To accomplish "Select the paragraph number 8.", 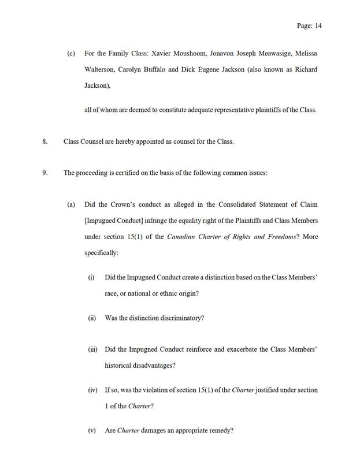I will [45, 141].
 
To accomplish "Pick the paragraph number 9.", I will [45, 173].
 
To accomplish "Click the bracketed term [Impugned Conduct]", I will [114, 221].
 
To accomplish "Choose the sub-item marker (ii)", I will [92, 318].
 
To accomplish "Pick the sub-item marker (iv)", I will [92, 390].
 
